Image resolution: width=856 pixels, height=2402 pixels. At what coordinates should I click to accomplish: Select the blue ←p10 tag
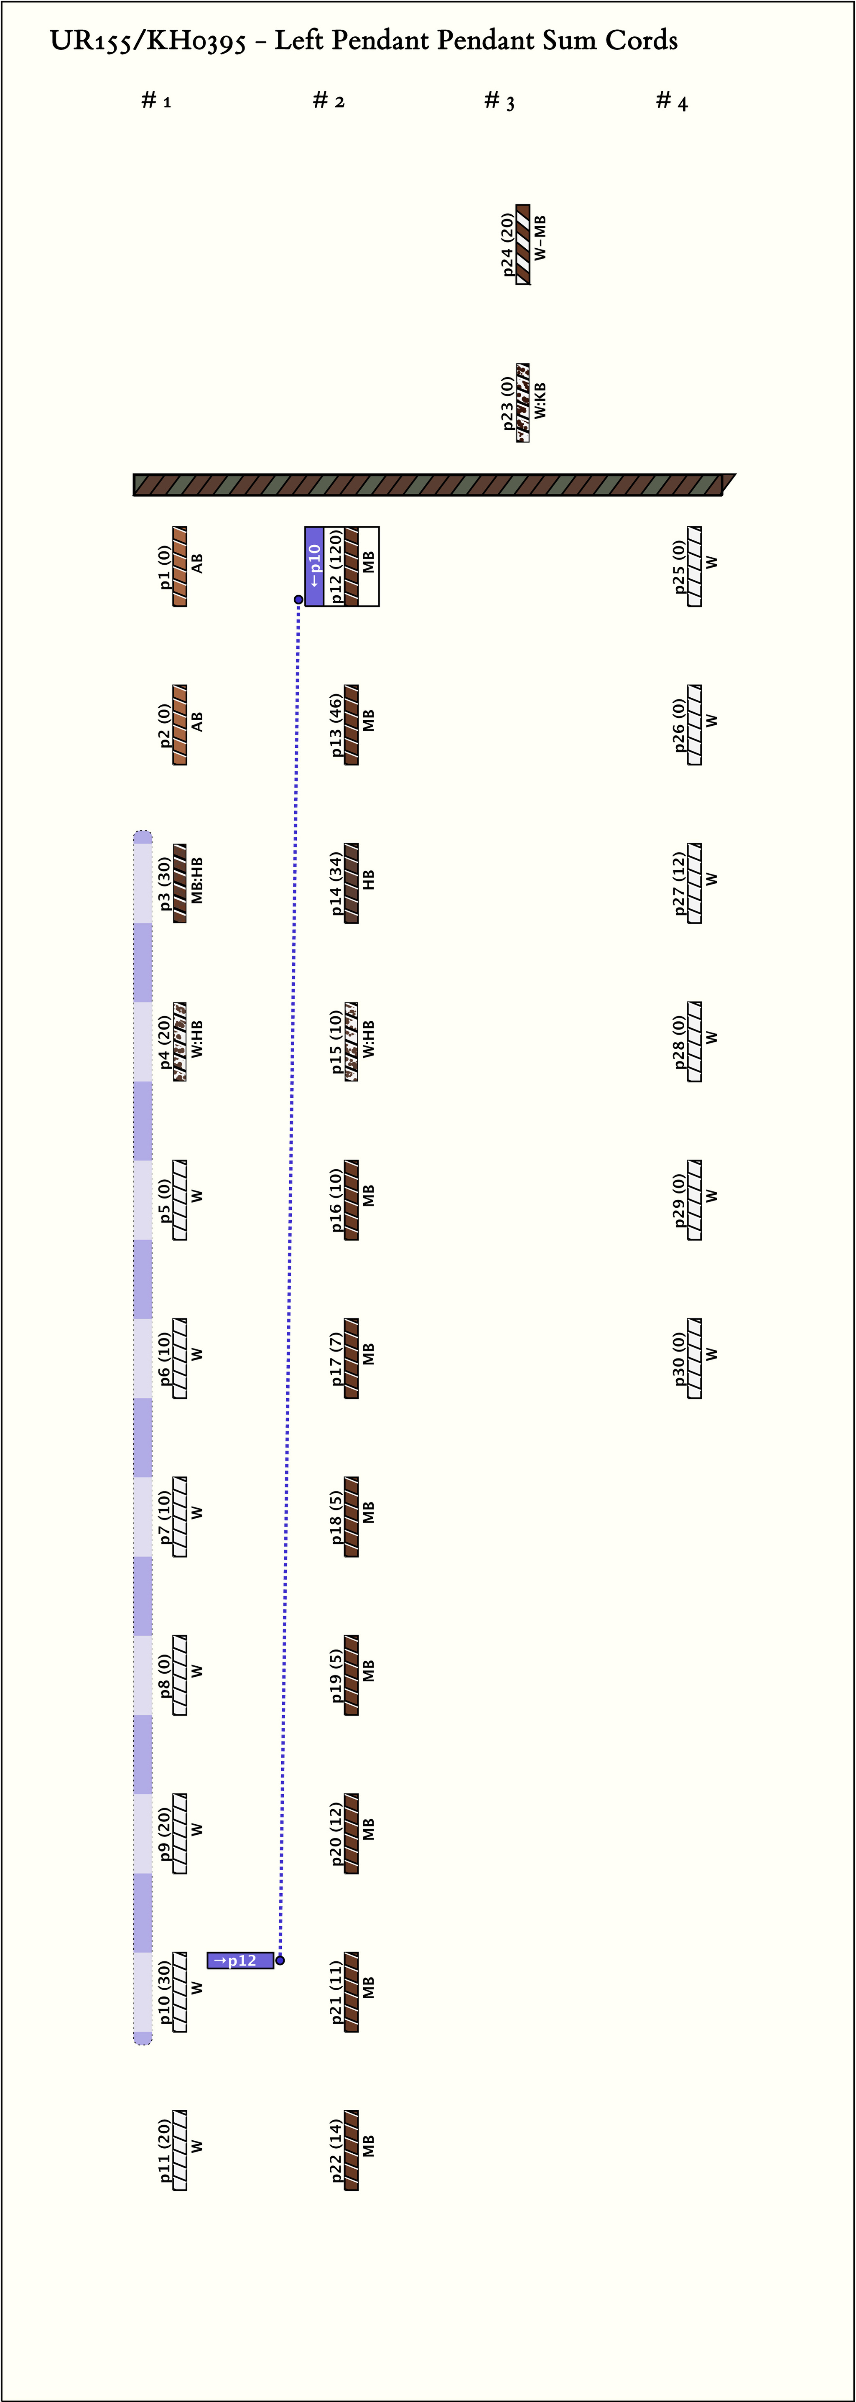314,566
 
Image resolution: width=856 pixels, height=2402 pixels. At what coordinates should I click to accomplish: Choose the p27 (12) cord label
679,883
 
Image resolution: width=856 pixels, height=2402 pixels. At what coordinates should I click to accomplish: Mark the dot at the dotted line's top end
298,599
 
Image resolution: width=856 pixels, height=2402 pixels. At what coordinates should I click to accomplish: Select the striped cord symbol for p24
523,244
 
